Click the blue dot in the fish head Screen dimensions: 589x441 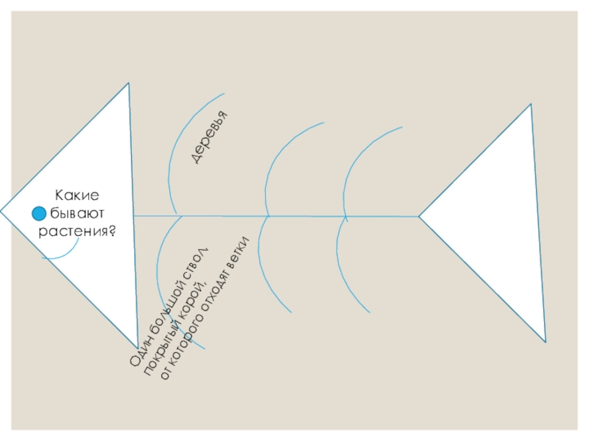click(x=40, y=214)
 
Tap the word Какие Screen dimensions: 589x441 click(x=77, y=196)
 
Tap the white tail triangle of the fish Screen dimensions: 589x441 click(x=501, y=220)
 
